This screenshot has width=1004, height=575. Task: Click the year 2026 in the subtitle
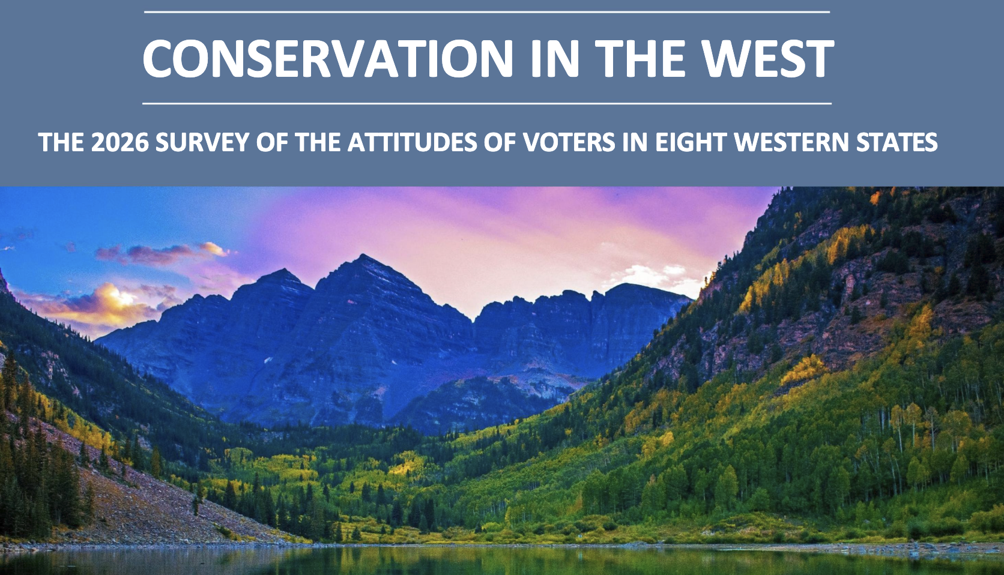119,142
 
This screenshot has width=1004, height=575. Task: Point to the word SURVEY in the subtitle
201,142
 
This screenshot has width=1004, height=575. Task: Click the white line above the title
487,12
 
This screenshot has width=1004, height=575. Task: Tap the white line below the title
487,103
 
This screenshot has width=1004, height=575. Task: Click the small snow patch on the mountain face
268,360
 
